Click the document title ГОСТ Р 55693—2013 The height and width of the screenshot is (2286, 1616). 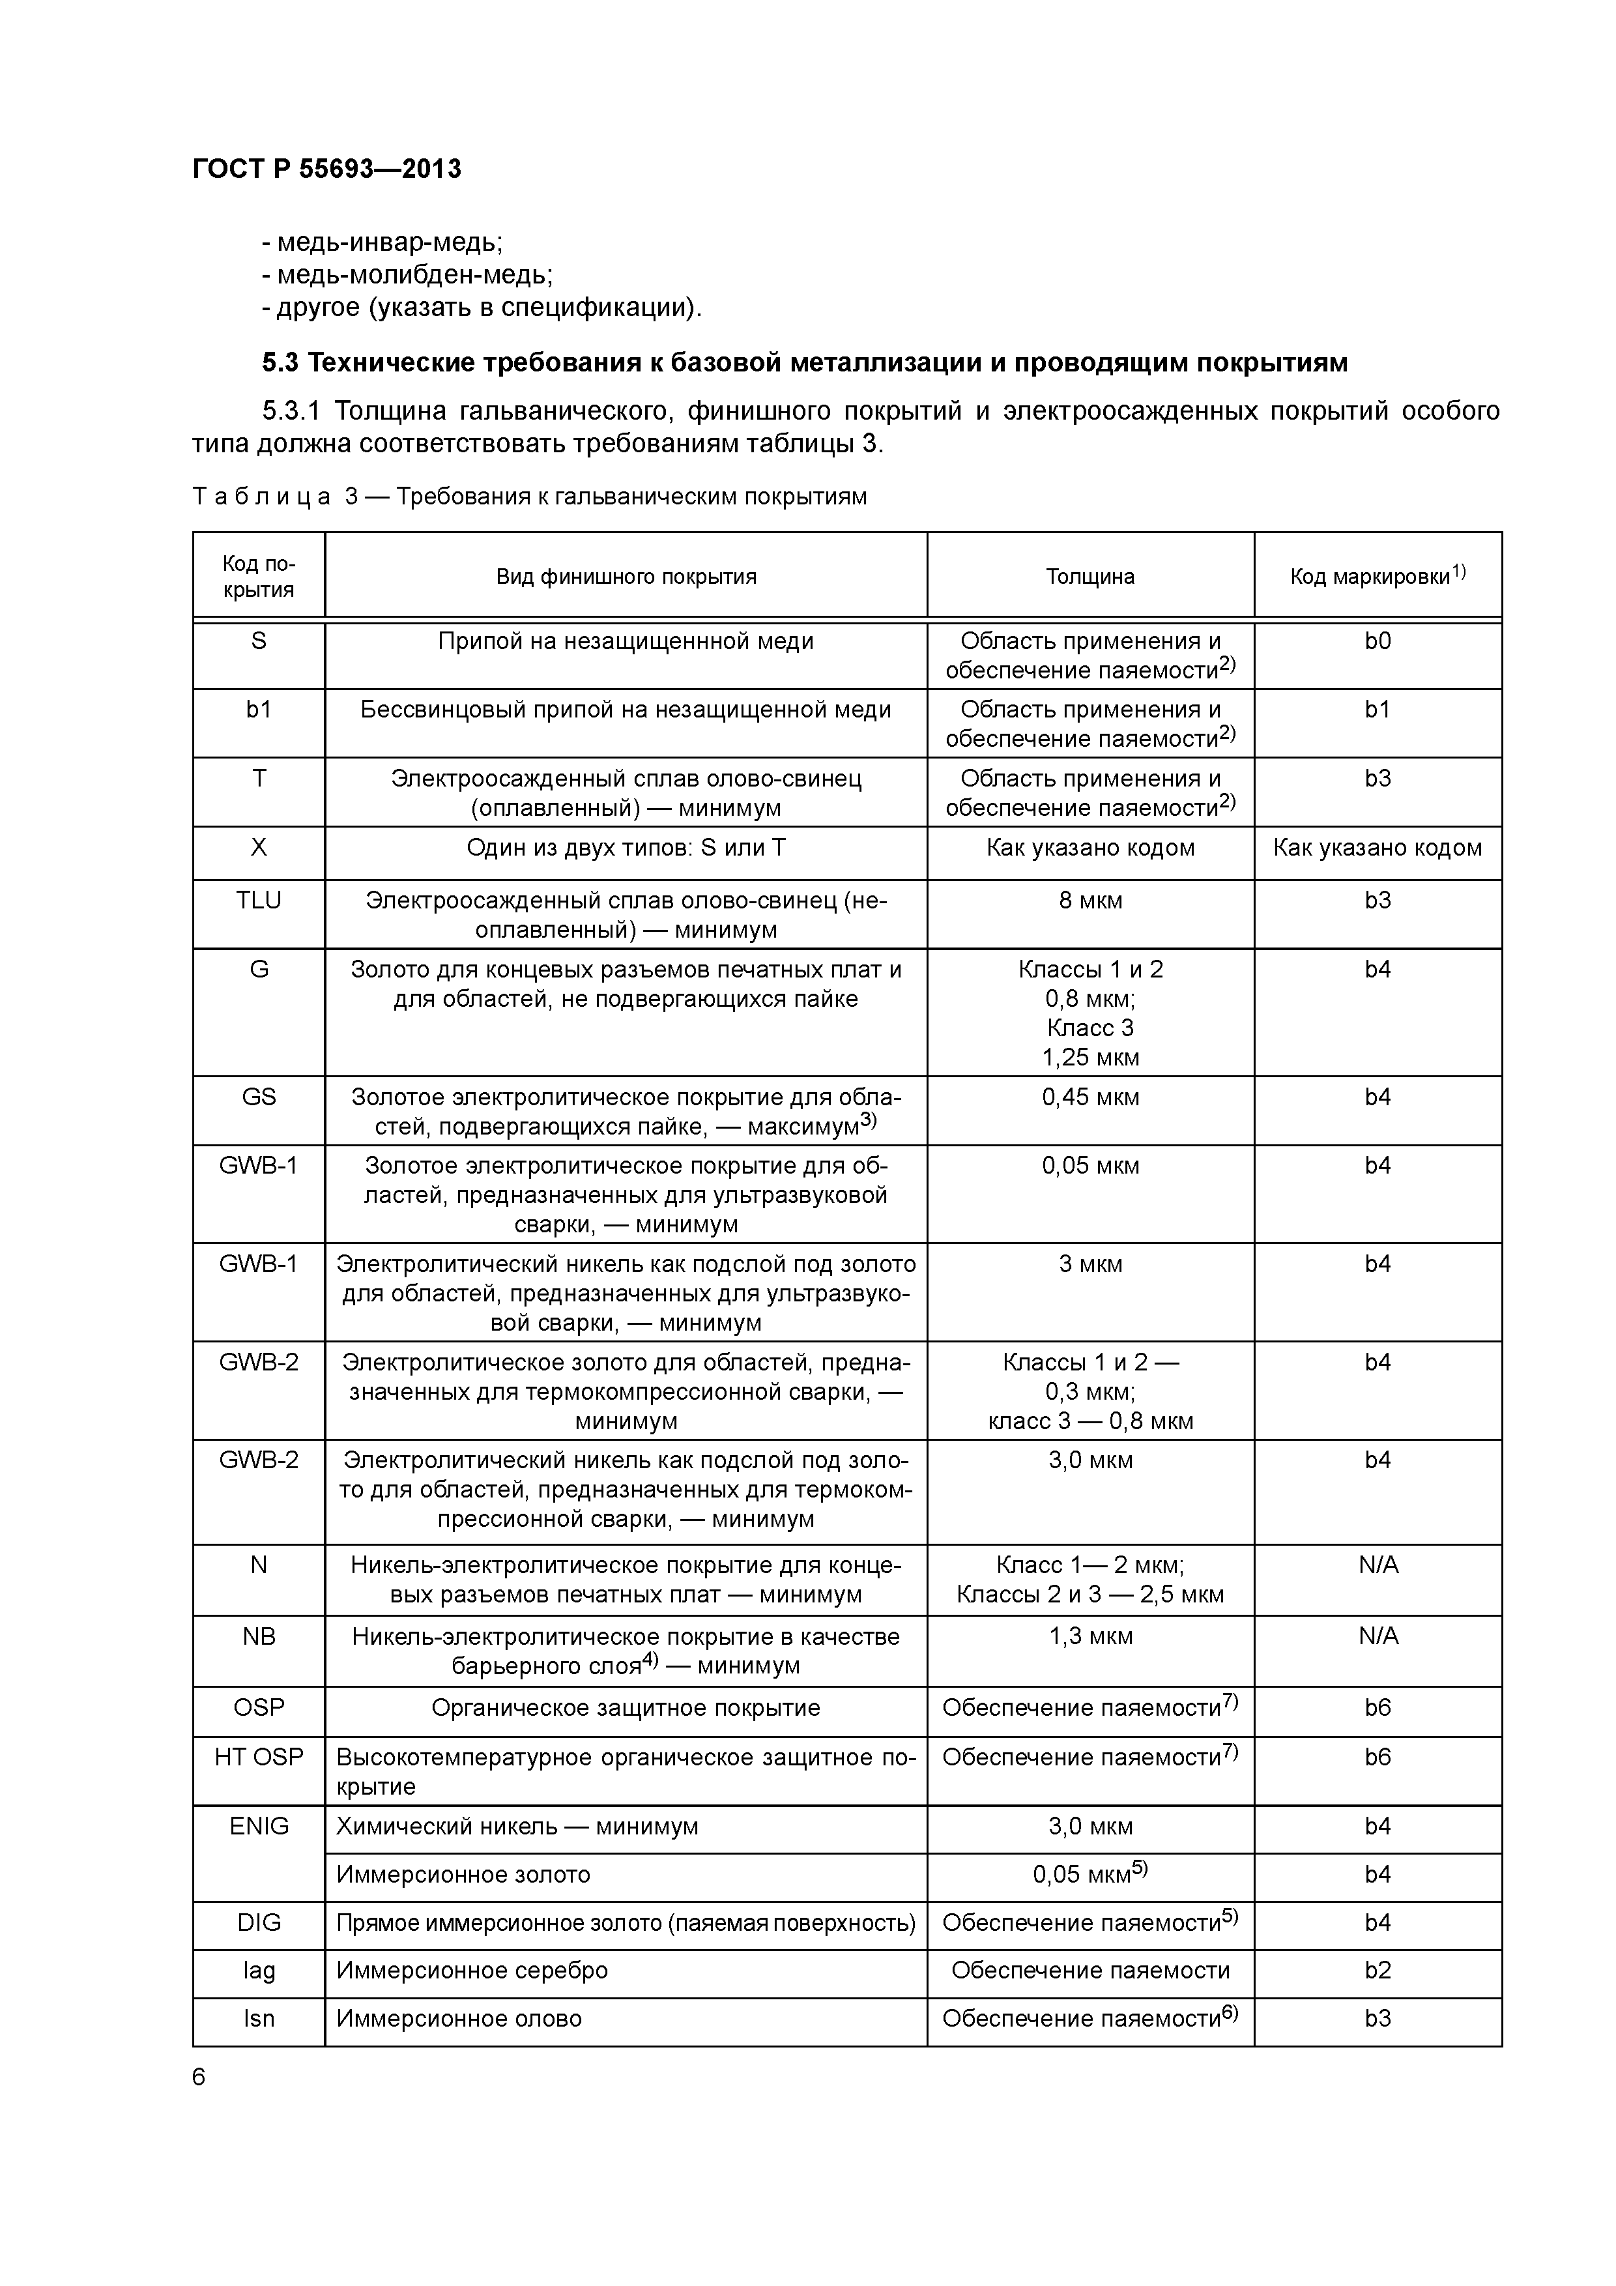(326, 169)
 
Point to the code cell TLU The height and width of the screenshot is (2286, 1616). (259, 900)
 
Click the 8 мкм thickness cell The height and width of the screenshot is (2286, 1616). (1090, 900)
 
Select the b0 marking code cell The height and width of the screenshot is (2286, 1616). (1377, 641)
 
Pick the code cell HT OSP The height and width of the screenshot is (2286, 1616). (259, 1758)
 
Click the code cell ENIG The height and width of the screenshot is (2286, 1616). (259, 1826)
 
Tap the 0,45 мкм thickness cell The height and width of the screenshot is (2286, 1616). (1090, 1097)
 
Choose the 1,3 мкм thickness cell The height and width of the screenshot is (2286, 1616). (1090, 1636)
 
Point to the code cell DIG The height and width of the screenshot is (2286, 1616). (259, 1922)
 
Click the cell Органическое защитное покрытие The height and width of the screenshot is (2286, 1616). (626, 1707)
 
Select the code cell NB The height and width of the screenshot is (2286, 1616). (259, 1636)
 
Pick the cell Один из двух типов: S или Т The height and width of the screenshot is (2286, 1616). (626, 847)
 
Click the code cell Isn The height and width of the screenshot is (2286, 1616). (259, 2018)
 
